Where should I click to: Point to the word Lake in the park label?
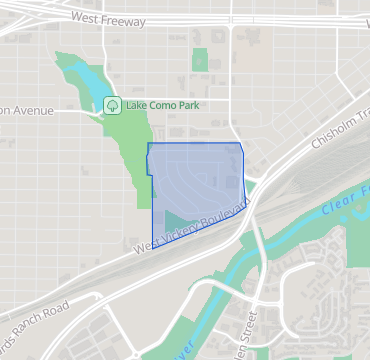point(137,103)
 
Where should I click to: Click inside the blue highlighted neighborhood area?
point(200,170)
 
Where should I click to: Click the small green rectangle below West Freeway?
point(199,59)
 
